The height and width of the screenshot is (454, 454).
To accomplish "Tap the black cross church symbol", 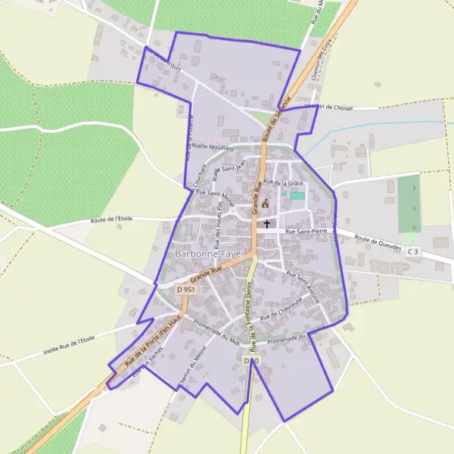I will pyautogui.click(x=266, y=224).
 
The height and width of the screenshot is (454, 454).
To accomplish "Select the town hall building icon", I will pyautogui.click(x=265, y=203).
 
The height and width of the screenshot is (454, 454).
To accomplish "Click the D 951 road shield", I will pyautogui.click(x=185, y=289).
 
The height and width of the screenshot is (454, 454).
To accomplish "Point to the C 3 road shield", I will pyautogui.click(x=412, y=251).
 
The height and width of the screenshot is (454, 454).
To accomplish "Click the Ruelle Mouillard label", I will pyautogui.click(x=213, y=148).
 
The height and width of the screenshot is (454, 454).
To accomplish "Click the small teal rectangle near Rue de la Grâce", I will pyautogui.click(x=297, y=196).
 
